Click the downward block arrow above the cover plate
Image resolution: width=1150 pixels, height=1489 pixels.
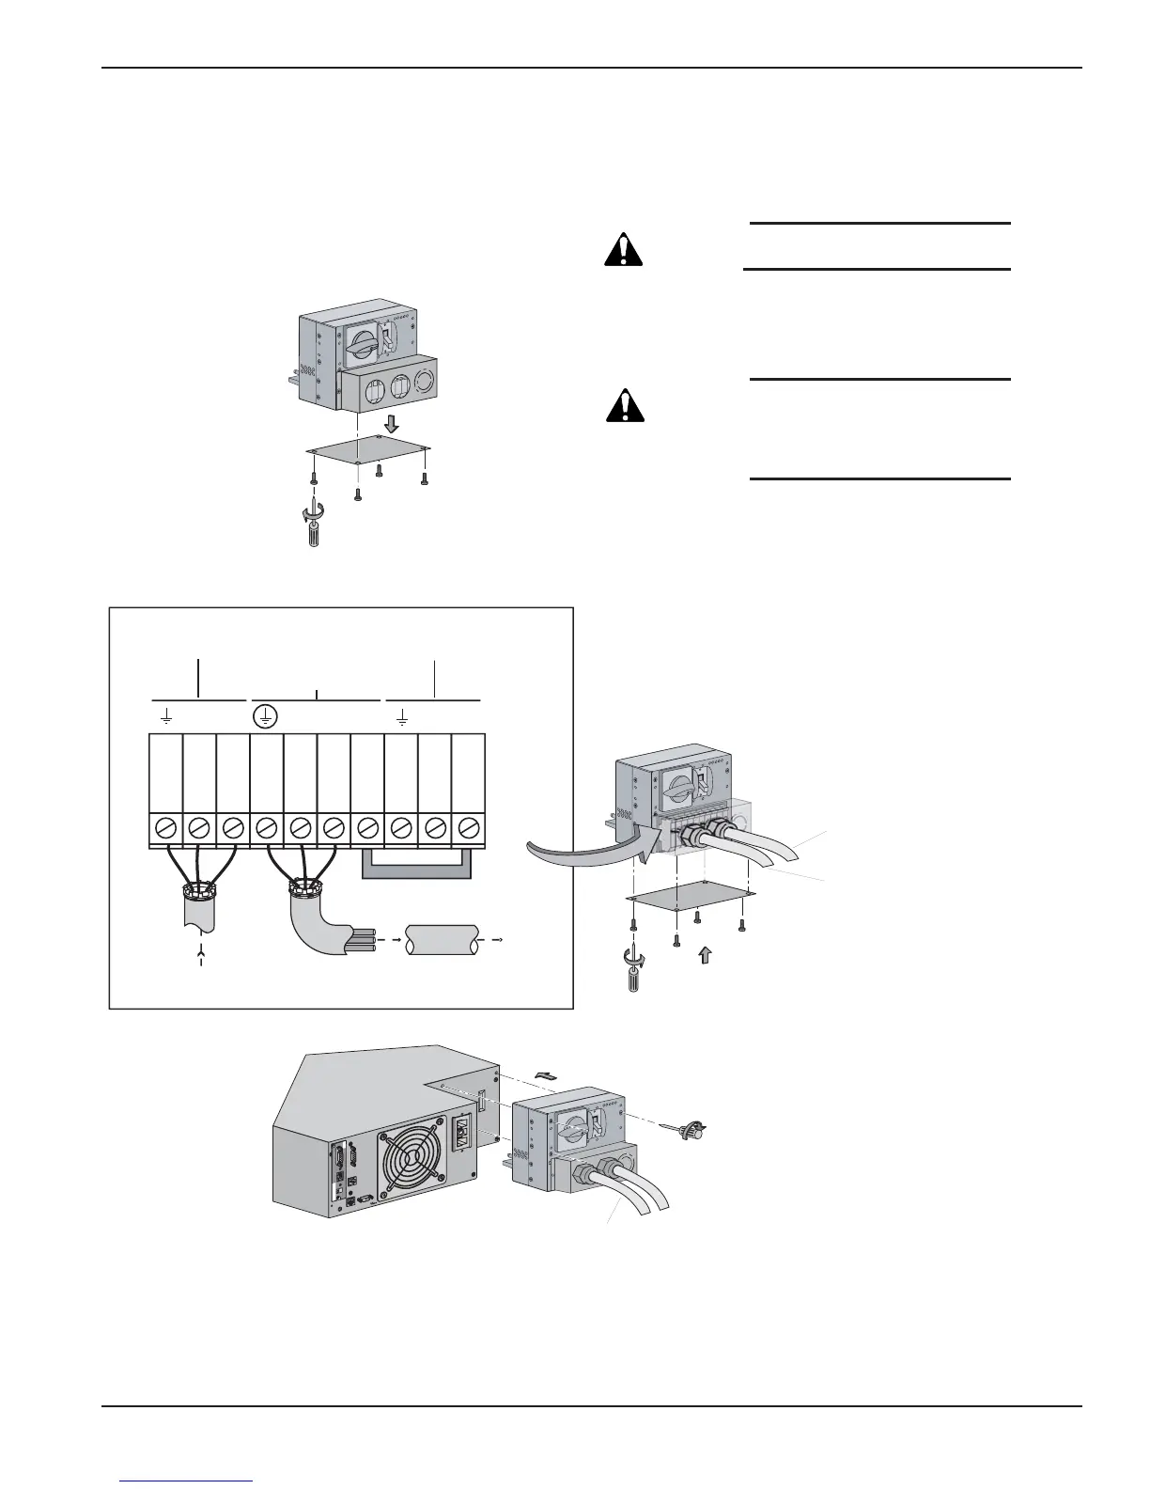click(391, 424)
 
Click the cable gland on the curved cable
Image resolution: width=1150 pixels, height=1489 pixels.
click(302, 886)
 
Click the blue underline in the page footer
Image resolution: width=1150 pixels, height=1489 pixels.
click(187, 1482)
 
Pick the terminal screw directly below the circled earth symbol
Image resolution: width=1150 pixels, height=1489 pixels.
click(265, 828)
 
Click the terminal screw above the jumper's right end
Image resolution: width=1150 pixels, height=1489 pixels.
click(468, 828)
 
